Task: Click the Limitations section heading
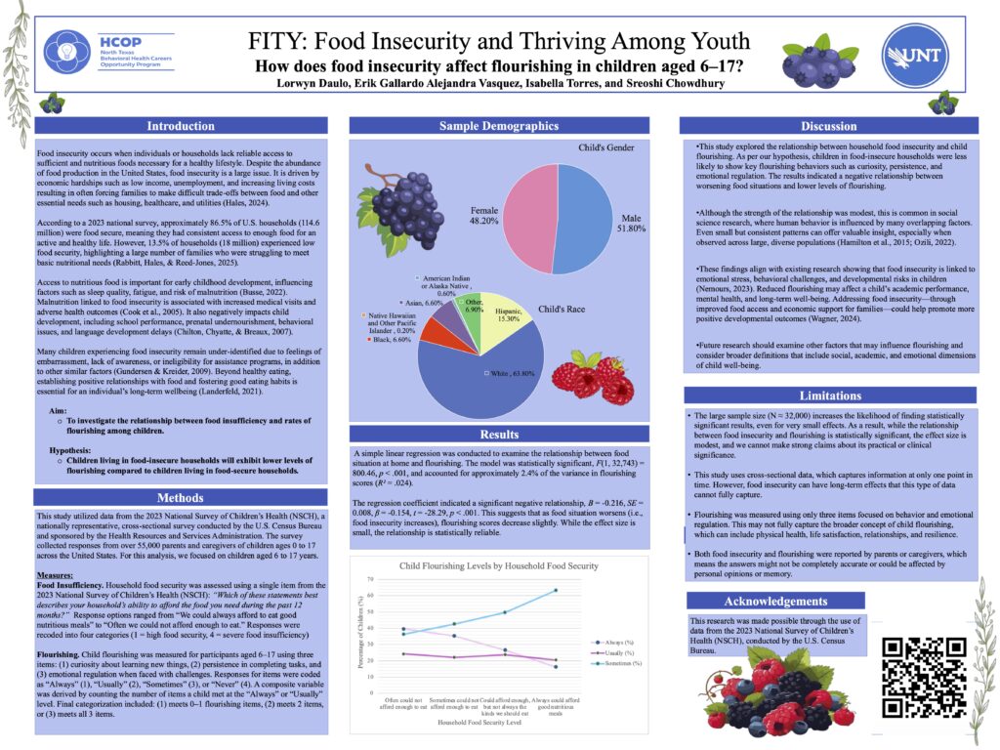pos(830,395)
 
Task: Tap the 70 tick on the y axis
pos(369,579)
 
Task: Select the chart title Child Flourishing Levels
pos(512,565)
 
